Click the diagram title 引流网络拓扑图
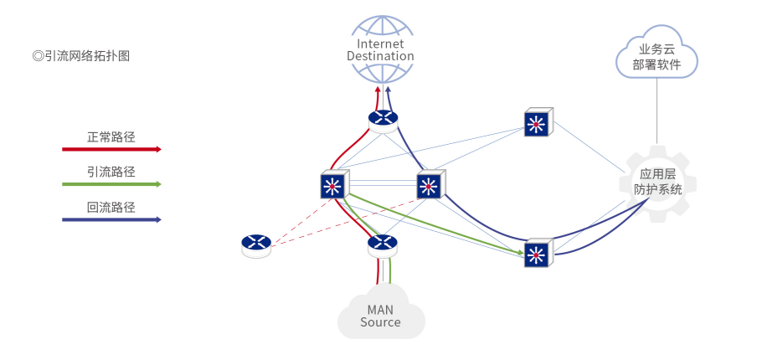pos(81,56)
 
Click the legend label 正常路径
pos(111,136)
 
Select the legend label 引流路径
pos(111,172)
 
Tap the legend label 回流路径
pos(111,207)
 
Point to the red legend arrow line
pos(111,150)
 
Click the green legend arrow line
pos(111,184)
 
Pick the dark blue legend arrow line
pos(111,220)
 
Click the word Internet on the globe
pos(380,44)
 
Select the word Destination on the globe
pos(380,56)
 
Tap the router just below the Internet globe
pos(383,119)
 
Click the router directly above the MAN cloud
pos(383,244)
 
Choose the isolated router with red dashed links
pos(256,244)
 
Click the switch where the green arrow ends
pos(537,253)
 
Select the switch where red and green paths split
pos(333,185)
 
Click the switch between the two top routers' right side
pos(429,185)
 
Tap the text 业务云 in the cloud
pos(656,49)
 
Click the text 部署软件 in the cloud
pos(656,64)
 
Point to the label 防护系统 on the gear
pos(657,189)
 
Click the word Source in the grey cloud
pos(380,322)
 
